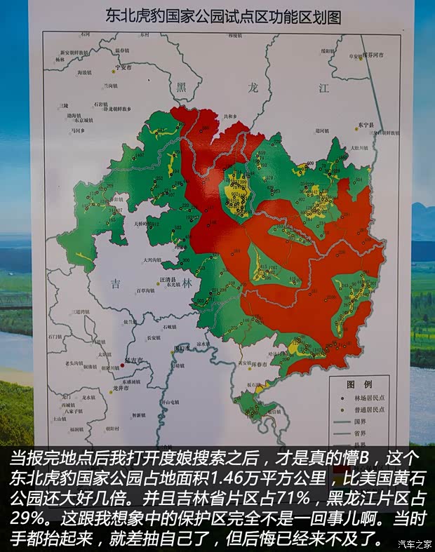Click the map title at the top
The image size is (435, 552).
tap(222, 17)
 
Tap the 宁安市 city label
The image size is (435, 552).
tap(124, 67)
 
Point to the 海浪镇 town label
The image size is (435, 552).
tap(85, 72)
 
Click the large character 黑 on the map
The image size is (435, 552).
tap(182, 87)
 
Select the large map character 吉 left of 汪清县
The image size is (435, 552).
tap(116, 283)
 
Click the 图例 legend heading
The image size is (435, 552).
tap(359, 384)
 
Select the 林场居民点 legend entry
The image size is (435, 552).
tap(368, 398)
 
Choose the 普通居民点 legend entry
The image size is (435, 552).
tap(368, 410)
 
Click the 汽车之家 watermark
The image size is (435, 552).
tap(414, 544)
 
